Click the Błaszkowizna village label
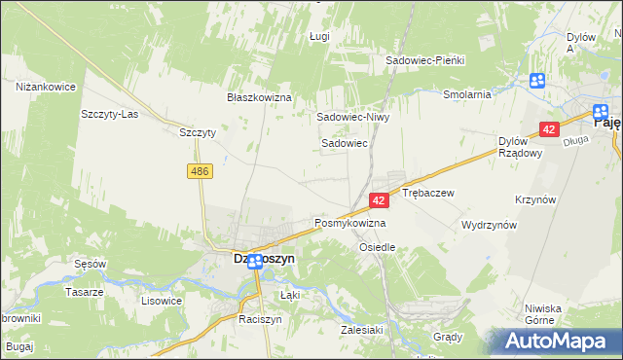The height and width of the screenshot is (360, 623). [x=260, y=98]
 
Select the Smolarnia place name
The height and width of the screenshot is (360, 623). [x=465, y=94]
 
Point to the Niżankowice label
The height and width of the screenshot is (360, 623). [x=46, y=87]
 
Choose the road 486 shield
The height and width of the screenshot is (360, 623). [x=200, y=171]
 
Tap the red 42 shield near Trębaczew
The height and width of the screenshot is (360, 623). [x=380, y=199]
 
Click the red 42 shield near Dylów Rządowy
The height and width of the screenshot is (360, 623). [x=549, y=129]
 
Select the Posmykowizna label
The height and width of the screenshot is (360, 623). [x=349, y=223]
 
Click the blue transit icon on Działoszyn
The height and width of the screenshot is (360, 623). [x=254, y=262]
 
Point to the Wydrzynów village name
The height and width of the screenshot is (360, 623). [x=489, y=224]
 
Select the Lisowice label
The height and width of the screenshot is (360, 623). [x=162, y=301]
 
